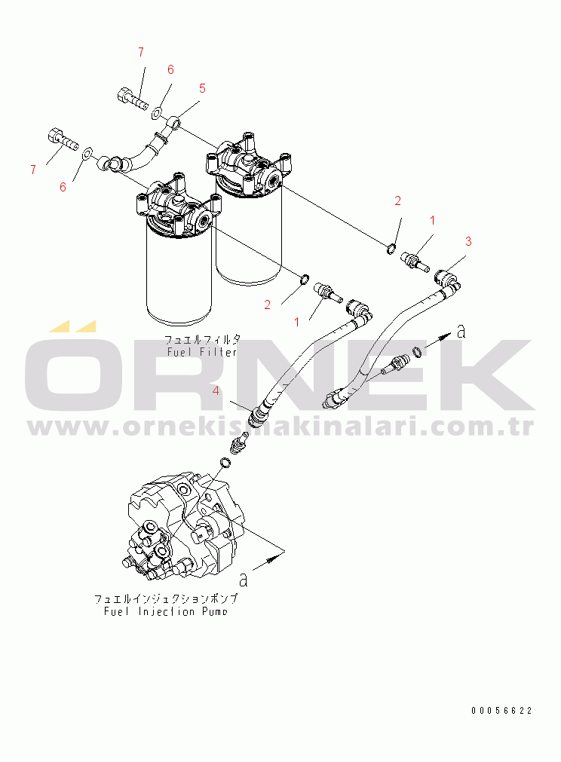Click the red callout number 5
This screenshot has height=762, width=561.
(x=202, y=88)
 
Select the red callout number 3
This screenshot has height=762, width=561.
(x=468, y=241)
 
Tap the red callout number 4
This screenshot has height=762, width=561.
(x=216, y=390)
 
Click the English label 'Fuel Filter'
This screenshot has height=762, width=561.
(x=202, y=352)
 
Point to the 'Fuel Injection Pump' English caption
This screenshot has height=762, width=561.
(x=165, y=611)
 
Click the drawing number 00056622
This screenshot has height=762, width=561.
(x=501, y=711)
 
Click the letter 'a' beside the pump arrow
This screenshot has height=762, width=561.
(x=244, y=580)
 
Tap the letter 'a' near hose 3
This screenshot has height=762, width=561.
(x=461, y=332)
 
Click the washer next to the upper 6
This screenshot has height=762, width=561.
(x=157, y=113)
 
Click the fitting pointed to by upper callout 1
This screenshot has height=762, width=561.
(x=415, y=261)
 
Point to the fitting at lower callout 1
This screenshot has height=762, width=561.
(x=329, y=292)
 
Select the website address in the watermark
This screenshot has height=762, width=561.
(x=280, y=427)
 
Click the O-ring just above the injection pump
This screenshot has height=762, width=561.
(x=226, y=462)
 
